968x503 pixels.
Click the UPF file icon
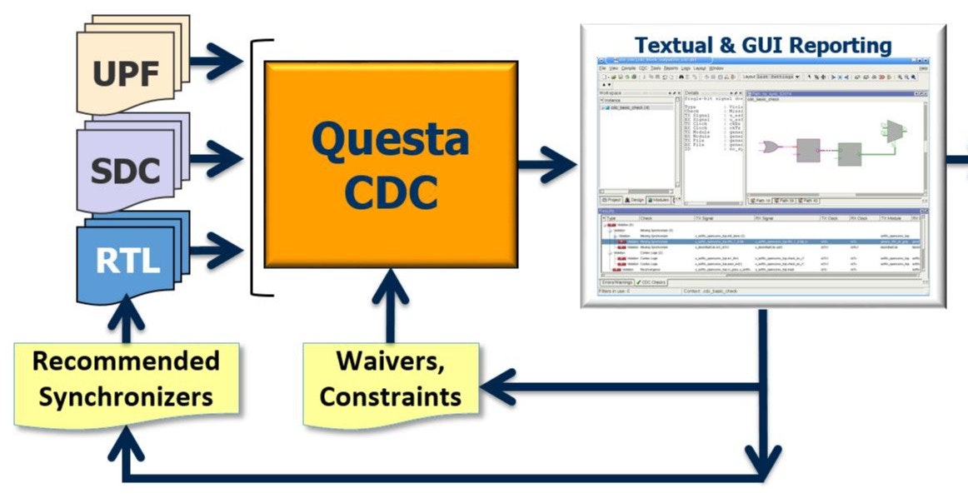[x=125, y=73]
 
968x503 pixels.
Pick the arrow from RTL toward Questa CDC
[x=218, y=247]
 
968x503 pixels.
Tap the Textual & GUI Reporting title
[x=762, y=45]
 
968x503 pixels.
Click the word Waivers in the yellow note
[x=390, y=362]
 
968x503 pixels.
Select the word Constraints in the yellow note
[x=390, y=396]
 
